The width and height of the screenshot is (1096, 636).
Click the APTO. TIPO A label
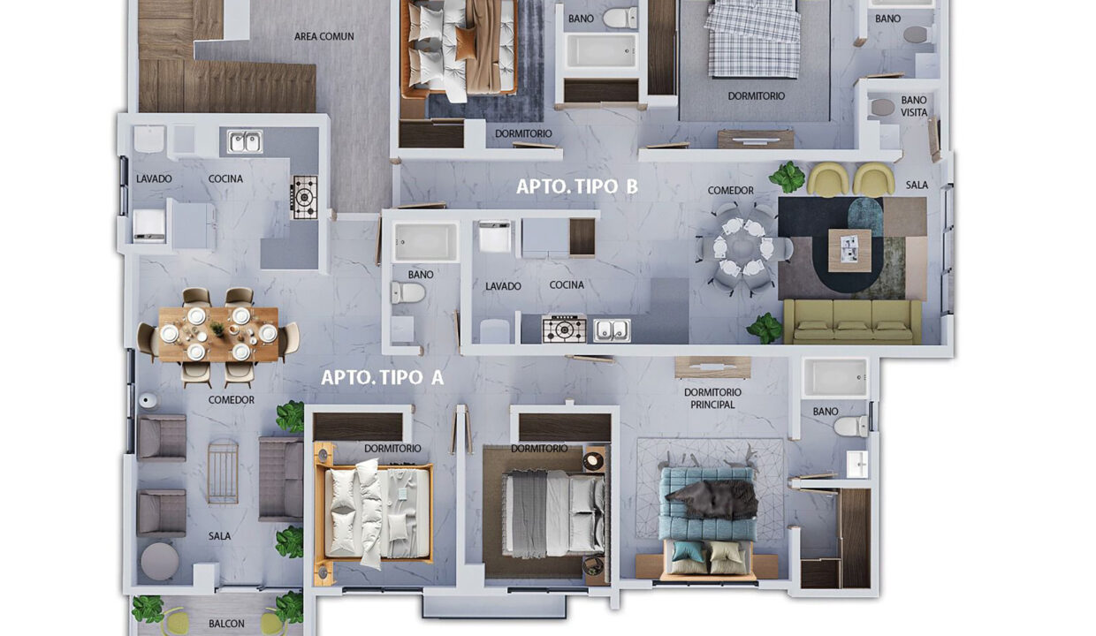coord(382,377)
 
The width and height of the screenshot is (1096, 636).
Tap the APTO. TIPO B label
coord(577,186)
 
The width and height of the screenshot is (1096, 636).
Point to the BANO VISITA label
coord(914,106)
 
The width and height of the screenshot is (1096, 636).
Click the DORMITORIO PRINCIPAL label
coord(712,398)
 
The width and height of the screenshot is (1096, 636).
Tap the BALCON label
coord(226,624)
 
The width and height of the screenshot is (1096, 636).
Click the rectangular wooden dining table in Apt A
coord(218,333)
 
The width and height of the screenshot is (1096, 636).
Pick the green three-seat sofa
coord(852,322)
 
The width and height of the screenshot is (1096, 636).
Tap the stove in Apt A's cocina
coord(305,196)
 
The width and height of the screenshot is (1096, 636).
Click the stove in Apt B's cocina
coord(564,329)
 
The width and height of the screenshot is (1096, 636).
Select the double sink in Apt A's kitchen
coord(244,141)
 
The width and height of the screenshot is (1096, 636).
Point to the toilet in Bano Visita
coord(883,107)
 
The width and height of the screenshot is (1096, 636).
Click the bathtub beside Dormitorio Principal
coord(835,377)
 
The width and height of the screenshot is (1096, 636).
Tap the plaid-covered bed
coord(753,39)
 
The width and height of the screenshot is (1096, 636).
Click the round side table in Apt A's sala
coord(159,561)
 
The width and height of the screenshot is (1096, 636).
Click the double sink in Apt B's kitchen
coord(612,329)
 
